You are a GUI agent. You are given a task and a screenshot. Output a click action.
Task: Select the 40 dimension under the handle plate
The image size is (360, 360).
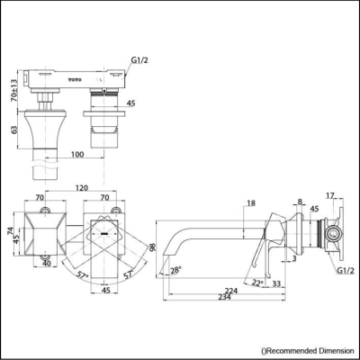pos(44,264)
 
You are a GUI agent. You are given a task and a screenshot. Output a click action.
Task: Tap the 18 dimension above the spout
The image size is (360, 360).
pos(250,204)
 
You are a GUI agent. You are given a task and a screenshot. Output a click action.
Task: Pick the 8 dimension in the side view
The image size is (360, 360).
pos(300,202)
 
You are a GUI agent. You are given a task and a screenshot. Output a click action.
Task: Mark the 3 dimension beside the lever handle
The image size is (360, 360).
pos(294,258)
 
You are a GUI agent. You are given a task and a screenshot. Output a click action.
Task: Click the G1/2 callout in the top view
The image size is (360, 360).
pos(140,61)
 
